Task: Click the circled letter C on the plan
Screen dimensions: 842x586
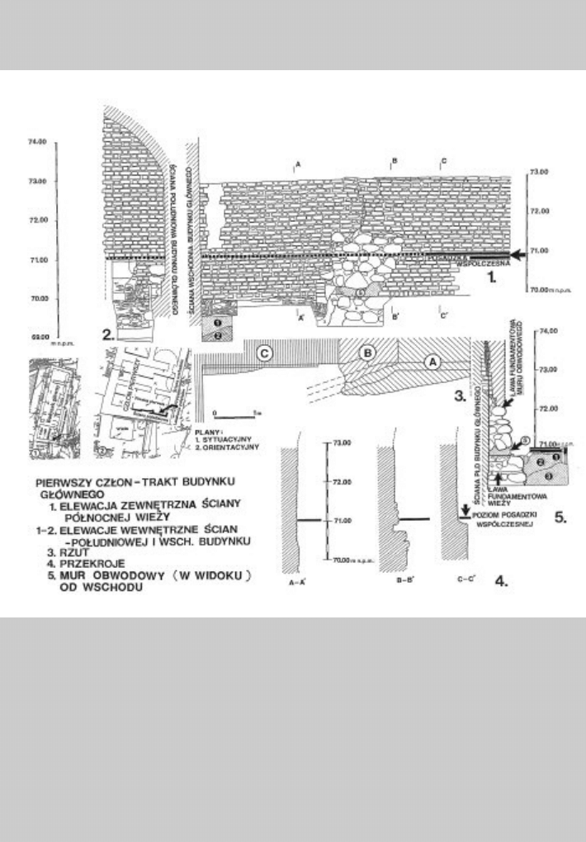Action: (x=265, y=352)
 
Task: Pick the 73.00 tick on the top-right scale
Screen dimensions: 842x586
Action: (x=526, y=172)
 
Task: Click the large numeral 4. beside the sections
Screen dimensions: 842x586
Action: (x=500, y=581)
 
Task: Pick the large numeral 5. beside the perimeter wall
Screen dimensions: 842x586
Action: (x=559, y=522)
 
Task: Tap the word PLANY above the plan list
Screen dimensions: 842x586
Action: (x=205, y=429)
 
